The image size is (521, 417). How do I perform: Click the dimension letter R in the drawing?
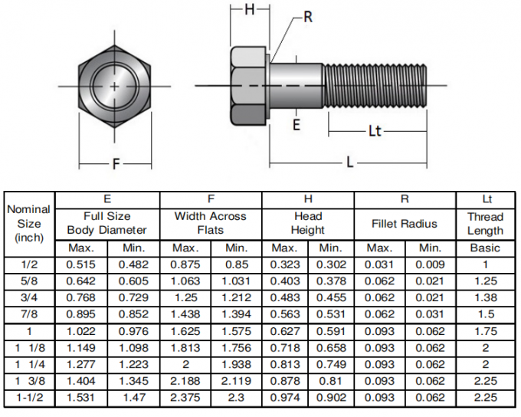point(308,16)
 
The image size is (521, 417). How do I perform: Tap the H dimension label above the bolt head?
point(250,10)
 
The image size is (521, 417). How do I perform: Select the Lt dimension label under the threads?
point(374,131)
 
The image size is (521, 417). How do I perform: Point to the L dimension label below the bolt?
point(349,162)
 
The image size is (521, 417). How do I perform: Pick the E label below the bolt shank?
point(297,124)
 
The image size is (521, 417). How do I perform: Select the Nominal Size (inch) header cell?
point(29,223)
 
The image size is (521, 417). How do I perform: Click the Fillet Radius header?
point(404,224)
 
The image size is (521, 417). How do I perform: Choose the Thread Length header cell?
point(485,224)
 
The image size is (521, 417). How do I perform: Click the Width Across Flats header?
point(210,224)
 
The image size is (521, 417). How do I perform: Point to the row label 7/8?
point(29,314)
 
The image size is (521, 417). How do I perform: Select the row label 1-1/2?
point(29,397)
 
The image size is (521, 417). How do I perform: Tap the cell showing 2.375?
point(185,397)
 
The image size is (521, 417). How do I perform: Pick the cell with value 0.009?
point(430,264)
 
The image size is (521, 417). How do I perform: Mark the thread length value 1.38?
point(485,298)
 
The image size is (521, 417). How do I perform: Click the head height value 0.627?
point(284,331)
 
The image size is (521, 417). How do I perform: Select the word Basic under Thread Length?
point(485,248)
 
